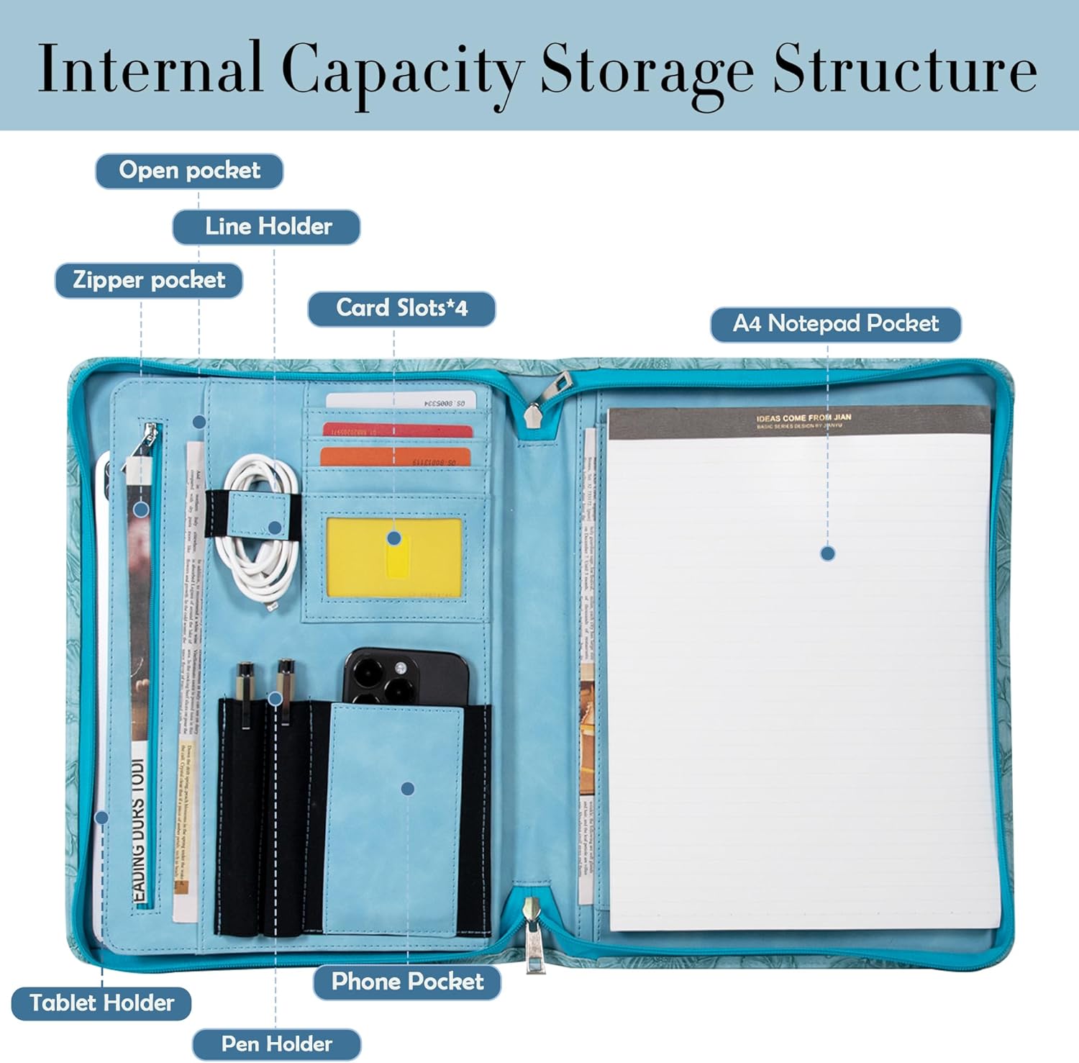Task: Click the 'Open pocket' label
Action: point(189,171)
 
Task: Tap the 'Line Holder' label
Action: point(267,227)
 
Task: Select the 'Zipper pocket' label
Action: point(149,280)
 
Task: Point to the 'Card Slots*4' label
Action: point(401,309)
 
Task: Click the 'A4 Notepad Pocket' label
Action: point(835,325)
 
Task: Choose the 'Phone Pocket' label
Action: point(407,982)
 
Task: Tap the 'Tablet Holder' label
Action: point(101,1003)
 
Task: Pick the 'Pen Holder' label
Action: point(276,1044)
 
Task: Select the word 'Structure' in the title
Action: point(904,69)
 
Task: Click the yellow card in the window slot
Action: point(393,556)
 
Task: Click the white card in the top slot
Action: point(401,402)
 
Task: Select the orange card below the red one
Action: point(395,456)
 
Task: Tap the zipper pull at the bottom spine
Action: point(533,935)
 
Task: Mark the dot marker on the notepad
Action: point(827,553)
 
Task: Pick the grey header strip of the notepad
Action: point(799,421)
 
